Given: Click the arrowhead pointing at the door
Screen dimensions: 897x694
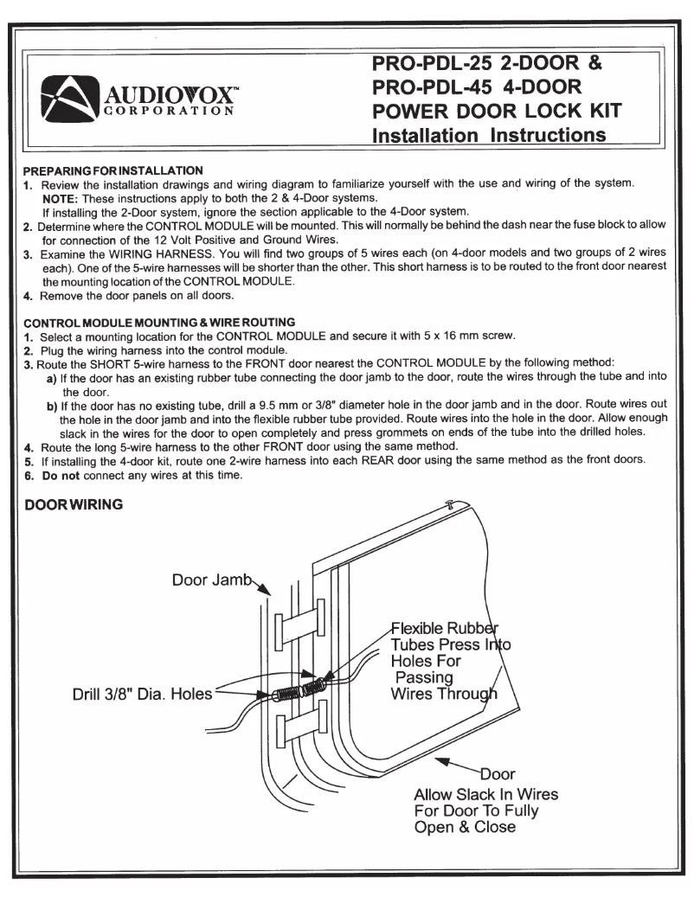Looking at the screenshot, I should [443, 759].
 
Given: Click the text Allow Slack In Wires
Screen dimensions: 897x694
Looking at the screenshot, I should [486, 793].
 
